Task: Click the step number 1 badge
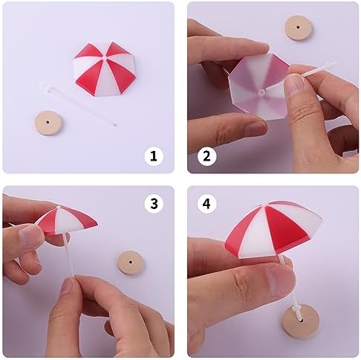point(154,156)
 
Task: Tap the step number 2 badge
point(206,156)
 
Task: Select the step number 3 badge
point(154,204)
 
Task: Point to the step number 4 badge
point(206,204)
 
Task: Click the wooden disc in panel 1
point(48,123)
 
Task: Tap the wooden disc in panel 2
point(298,28)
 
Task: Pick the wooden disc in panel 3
point(131,263)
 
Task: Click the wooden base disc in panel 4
point(301,319)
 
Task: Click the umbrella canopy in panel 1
point(105,68)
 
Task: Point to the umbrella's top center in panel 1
point(104,57)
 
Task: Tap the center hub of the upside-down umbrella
point(261,91)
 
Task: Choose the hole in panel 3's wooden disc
point(131,262)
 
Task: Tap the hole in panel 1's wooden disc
point(48,122)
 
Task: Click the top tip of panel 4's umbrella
point(265,205)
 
